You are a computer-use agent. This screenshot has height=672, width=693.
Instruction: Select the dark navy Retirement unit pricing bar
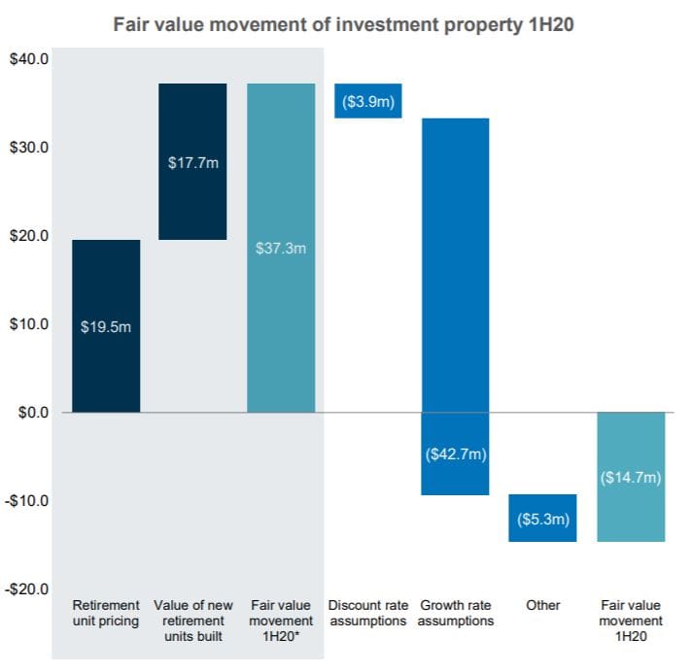[106, 369]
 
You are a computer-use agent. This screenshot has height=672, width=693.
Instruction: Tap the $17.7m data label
[193, 162]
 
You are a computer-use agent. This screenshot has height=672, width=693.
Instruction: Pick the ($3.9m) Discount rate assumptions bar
[368, 101]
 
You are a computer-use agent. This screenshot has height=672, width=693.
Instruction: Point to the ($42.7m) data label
[455, 454]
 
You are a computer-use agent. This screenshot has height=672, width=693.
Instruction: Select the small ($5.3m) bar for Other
[542, 519]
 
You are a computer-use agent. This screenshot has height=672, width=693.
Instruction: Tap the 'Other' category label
[542, 605]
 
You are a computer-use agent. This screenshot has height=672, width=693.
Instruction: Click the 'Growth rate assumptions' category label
[455, 613]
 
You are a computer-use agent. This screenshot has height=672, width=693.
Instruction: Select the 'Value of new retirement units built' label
[193, 621]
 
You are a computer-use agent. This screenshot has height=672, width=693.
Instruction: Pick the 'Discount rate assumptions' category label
[368, 613]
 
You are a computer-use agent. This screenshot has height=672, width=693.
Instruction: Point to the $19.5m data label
[106, 326]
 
